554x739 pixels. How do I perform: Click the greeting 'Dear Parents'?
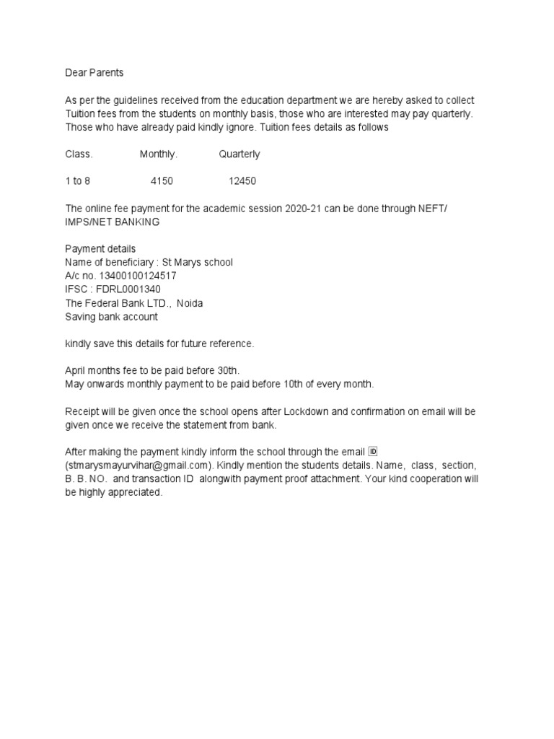click(x=94, y=72)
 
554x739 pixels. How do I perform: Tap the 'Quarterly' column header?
click(x=239, y=154)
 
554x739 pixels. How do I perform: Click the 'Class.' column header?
click(x=79, y=154)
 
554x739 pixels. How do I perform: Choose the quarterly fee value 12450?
click(x=242, y=181)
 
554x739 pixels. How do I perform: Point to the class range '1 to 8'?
click(x=78, y=181)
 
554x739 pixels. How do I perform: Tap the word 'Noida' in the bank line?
click(x=190, y=303)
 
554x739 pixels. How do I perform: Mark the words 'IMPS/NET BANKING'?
click(x=113, y=222)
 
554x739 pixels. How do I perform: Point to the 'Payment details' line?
click(x=100, y=249)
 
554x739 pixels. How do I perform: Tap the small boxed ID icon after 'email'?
click(x=373, y=452)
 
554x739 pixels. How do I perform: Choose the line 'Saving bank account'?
click(x=111, y=317)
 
